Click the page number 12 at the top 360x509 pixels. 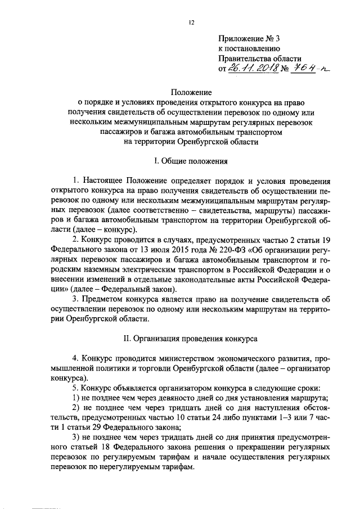(x=191, y=22)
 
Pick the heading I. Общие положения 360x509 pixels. (x=191, y=161)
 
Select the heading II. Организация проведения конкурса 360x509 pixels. (x=191, y=339)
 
